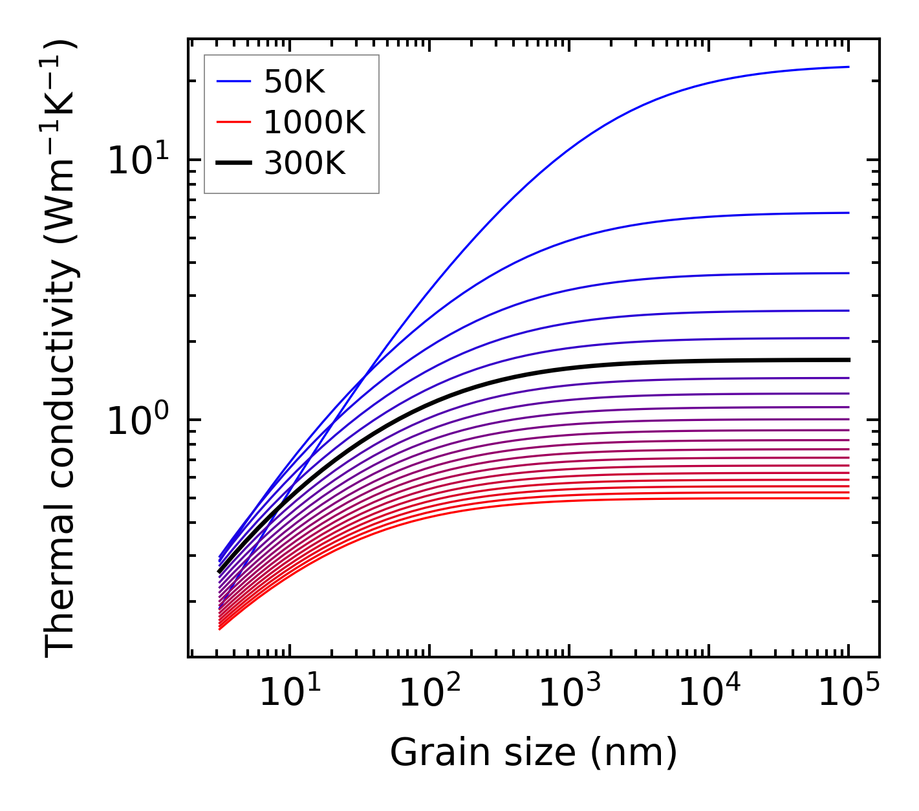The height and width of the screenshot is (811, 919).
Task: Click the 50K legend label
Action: coord(294,81)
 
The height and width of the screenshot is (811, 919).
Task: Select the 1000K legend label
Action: coord(314,122)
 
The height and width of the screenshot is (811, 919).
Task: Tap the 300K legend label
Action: coord(305,164)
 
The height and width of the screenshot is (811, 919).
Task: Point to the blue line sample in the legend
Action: coord(233,81)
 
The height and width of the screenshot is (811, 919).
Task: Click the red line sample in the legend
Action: coord(233,122)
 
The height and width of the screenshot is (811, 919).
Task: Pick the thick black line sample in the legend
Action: coord(233,164)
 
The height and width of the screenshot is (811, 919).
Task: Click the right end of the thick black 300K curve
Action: coord(848,360)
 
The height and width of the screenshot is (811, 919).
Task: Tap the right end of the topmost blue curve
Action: coord(848,67)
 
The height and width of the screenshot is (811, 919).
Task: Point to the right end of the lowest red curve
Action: coord(848,498)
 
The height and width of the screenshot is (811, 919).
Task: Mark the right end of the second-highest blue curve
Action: coord(848,213)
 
